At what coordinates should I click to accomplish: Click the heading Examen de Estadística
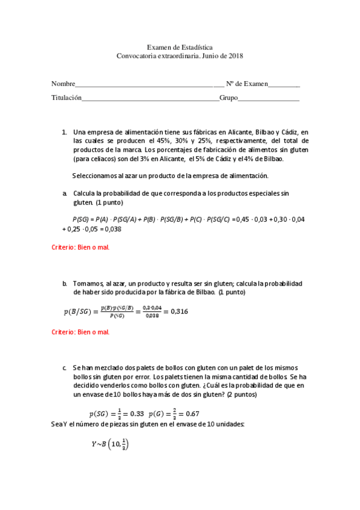pyautogui.click(x=180, y=47)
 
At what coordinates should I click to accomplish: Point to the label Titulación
pyautogui.click(x=66, y=97)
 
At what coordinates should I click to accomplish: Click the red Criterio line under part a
pyautogui.click(x=80, y=247)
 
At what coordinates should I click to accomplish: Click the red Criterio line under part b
pyautogui.click(x=80, y=331)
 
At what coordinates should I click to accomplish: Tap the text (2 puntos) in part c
pyautogui.click(x=239, y=395)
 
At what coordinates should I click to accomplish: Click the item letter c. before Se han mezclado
pyautogui.click(x=64, y=367)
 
